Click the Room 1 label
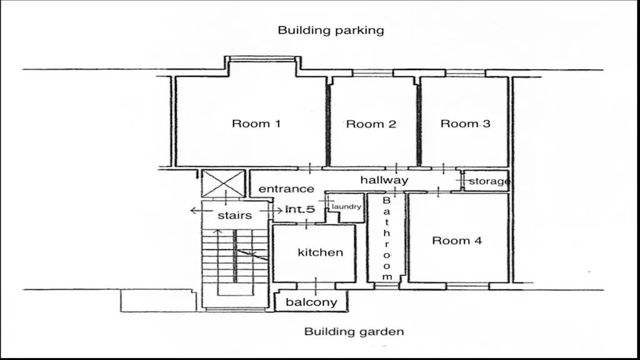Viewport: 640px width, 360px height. coord(256,123)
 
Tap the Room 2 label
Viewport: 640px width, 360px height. coord(371,124)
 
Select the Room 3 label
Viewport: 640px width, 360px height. coord(465,123)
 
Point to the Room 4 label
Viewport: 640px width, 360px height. coord(457,241)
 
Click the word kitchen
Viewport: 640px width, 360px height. coord(321,252)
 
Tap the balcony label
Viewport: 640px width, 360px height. coord(311,302)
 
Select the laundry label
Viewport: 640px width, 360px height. coord(346,206)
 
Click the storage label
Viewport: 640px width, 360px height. coord(489,181)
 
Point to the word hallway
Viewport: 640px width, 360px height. coord(384,180)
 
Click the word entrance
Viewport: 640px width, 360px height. coord(286,189)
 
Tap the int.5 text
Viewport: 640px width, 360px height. coord(300,209)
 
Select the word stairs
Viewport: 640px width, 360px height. coord(235,216)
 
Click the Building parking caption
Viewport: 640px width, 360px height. coord(331,30)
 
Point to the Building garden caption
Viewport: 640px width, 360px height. coord(354,331)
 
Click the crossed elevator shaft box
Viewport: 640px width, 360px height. coord(223,184)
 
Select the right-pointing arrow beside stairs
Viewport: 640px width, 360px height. coord(271,210)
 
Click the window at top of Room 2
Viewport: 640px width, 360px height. coord(372,73)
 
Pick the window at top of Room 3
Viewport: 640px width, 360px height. coord(466,73)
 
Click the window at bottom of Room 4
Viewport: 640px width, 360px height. coord(467,286)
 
